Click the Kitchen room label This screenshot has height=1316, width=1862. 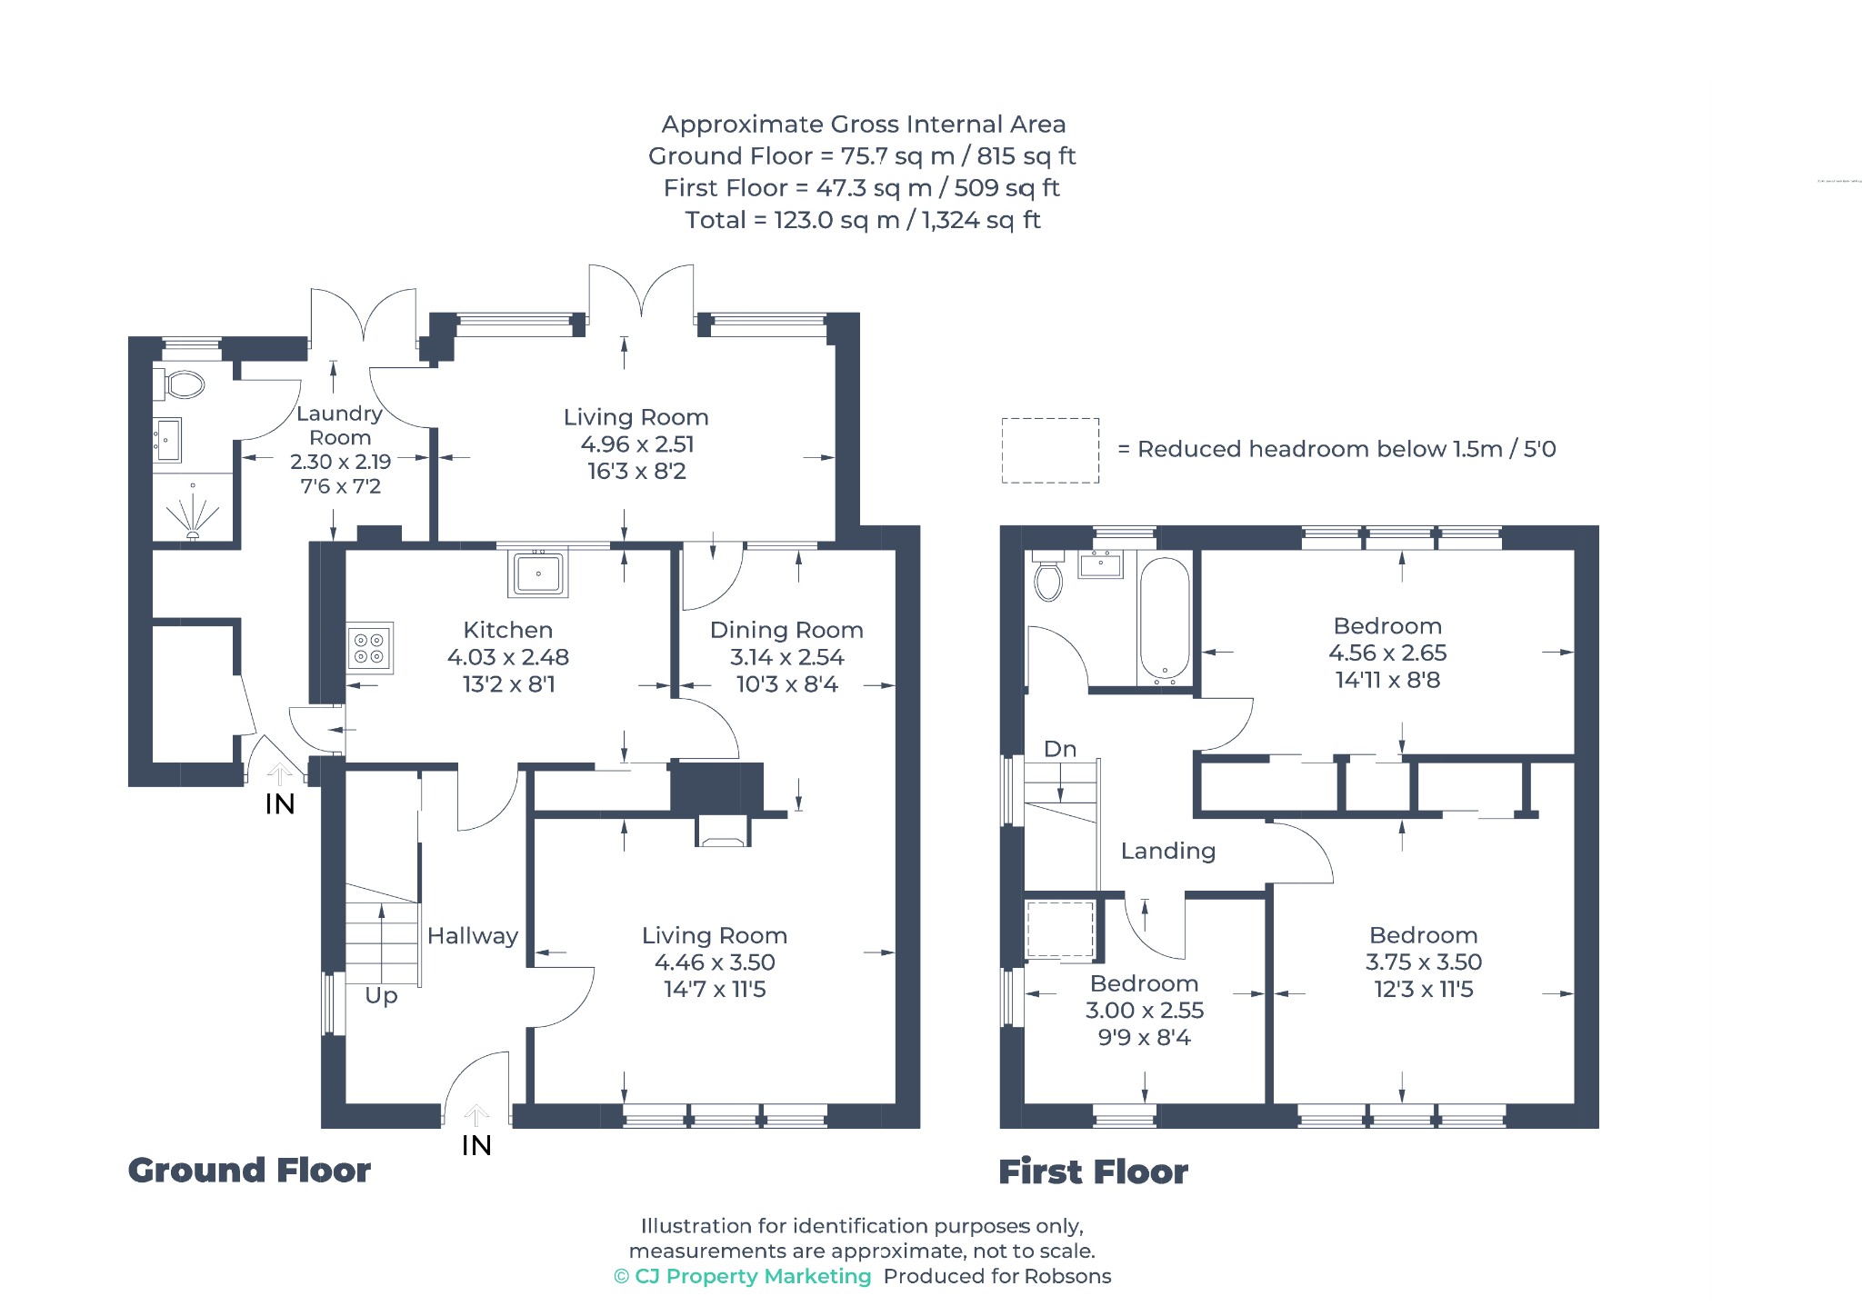pos(507,630)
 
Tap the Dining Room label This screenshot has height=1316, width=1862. pos(786,630)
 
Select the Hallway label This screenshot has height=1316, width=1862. pos(473,936)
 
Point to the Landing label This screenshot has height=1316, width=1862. pos(1168,851)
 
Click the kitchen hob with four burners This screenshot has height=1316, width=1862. pos(370,648)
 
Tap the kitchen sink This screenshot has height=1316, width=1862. pos(538,573)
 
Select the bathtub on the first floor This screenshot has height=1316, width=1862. pos(1164,620)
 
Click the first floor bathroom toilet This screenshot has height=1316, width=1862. pos(1048,574)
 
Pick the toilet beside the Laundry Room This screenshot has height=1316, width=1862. pos(181,384)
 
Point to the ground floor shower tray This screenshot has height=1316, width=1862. pos(192,509)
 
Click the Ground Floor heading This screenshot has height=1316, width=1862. pos(249,1171)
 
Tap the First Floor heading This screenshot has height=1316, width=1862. pos(1093,1172)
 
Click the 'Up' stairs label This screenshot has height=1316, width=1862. pos(381,996)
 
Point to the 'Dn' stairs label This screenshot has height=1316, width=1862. pos(1060,749)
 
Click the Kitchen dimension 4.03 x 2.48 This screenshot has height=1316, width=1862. pos(507,657)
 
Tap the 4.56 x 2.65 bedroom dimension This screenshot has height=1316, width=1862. pos(1387,653)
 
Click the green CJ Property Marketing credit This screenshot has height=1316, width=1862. pos(743,1277)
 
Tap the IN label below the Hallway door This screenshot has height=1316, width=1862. pos(476,1146)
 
